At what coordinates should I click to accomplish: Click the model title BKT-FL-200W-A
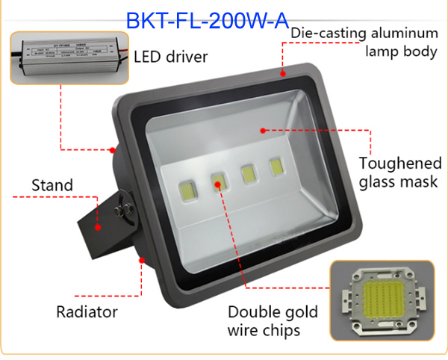pos(207,20)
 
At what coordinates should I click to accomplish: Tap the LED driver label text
pos(170,57)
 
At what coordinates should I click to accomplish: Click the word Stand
pos(52,184)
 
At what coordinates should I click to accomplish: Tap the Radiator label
pos(87,311)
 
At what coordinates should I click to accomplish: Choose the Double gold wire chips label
pos(273,320)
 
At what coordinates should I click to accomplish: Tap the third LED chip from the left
pos(247,173)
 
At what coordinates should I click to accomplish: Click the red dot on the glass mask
pos(262,130)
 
